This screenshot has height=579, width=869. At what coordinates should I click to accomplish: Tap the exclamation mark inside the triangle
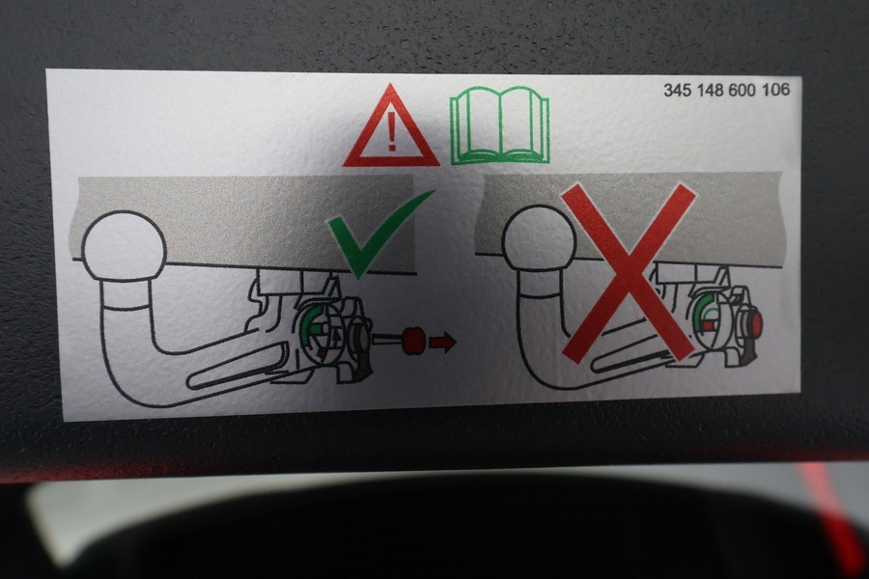pyautogui.click(x=392, y=133)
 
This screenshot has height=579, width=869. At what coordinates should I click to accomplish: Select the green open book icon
pyautogui.click(x=500, y=127)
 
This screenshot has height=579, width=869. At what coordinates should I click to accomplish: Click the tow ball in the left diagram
pyautogui.click(x=124, y=245)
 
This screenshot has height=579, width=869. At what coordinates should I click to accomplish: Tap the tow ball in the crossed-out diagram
pyautogui.click(x=539, y=238)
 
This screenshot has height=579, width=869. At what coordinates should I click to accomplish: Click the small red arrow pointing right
pyautogui.click(x=442, y=342)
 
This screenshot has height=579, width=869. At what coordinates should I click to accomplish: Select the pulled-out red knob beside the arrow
pyautogui.click(x=413, y=341)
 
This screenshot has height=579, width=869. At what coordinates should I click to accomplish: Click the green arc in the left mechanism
pyautogui.click(x=308, y=324)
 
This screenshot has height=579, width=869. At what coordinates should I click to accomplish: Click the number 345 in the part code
pyautogui.click(x=678, y=91)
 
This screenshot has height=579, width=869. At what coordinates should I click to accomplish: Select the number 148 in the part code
pyautogui.click(x=711, y=90)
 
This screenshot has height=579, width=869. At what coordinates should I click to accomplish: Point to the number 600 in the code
pyautogui.click(x=743, y=90)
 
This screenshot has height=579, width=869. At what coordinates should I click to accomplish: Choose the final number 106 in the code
pyautogui.click(x=776, y=89)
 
